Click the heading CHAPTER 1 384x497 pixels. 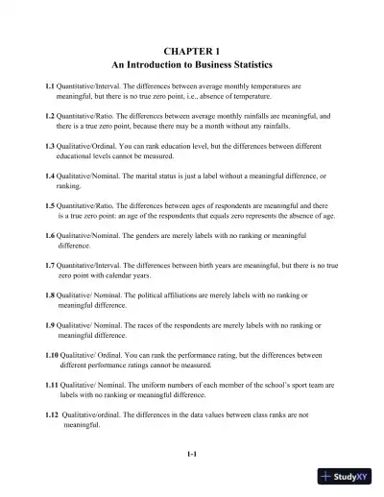click(192, 46)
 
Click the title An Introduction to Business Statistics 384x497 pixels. click(192, 63)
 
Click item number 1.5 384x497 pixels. click(52, 205)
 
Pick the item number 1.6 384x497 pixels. click(52, 235)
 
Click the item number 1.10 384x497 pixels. click(54, 355)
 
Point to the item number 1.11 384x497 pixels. click(54, 385)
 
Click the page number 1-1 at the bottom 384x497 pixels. click(192, 454)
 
